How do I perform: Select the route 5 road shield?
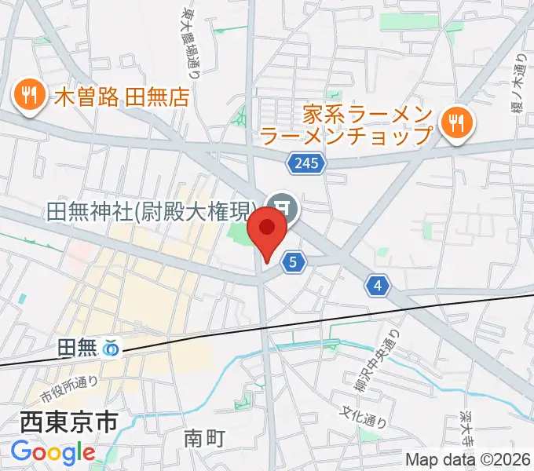pyautogui.click(x=292, y=263)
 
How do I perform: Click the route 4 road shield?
pyautogui.click(x=379, y=287)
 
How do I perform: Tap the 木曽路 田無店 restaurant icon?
pyautogui.click(x=30, y=96)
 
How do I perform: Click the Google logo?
pyautogui.click(x=53, y=453)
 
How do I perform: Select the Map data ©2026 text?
pyautogui.click(x=468, y=459)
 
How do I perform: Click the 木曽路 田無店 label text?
pyautogui.click(x=123, y=97)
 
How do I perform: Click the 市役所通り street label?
pyautogui.click(x=70, y=387)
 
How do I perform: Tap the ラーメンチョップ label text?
pyautogui.click(x=346, y=135)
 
